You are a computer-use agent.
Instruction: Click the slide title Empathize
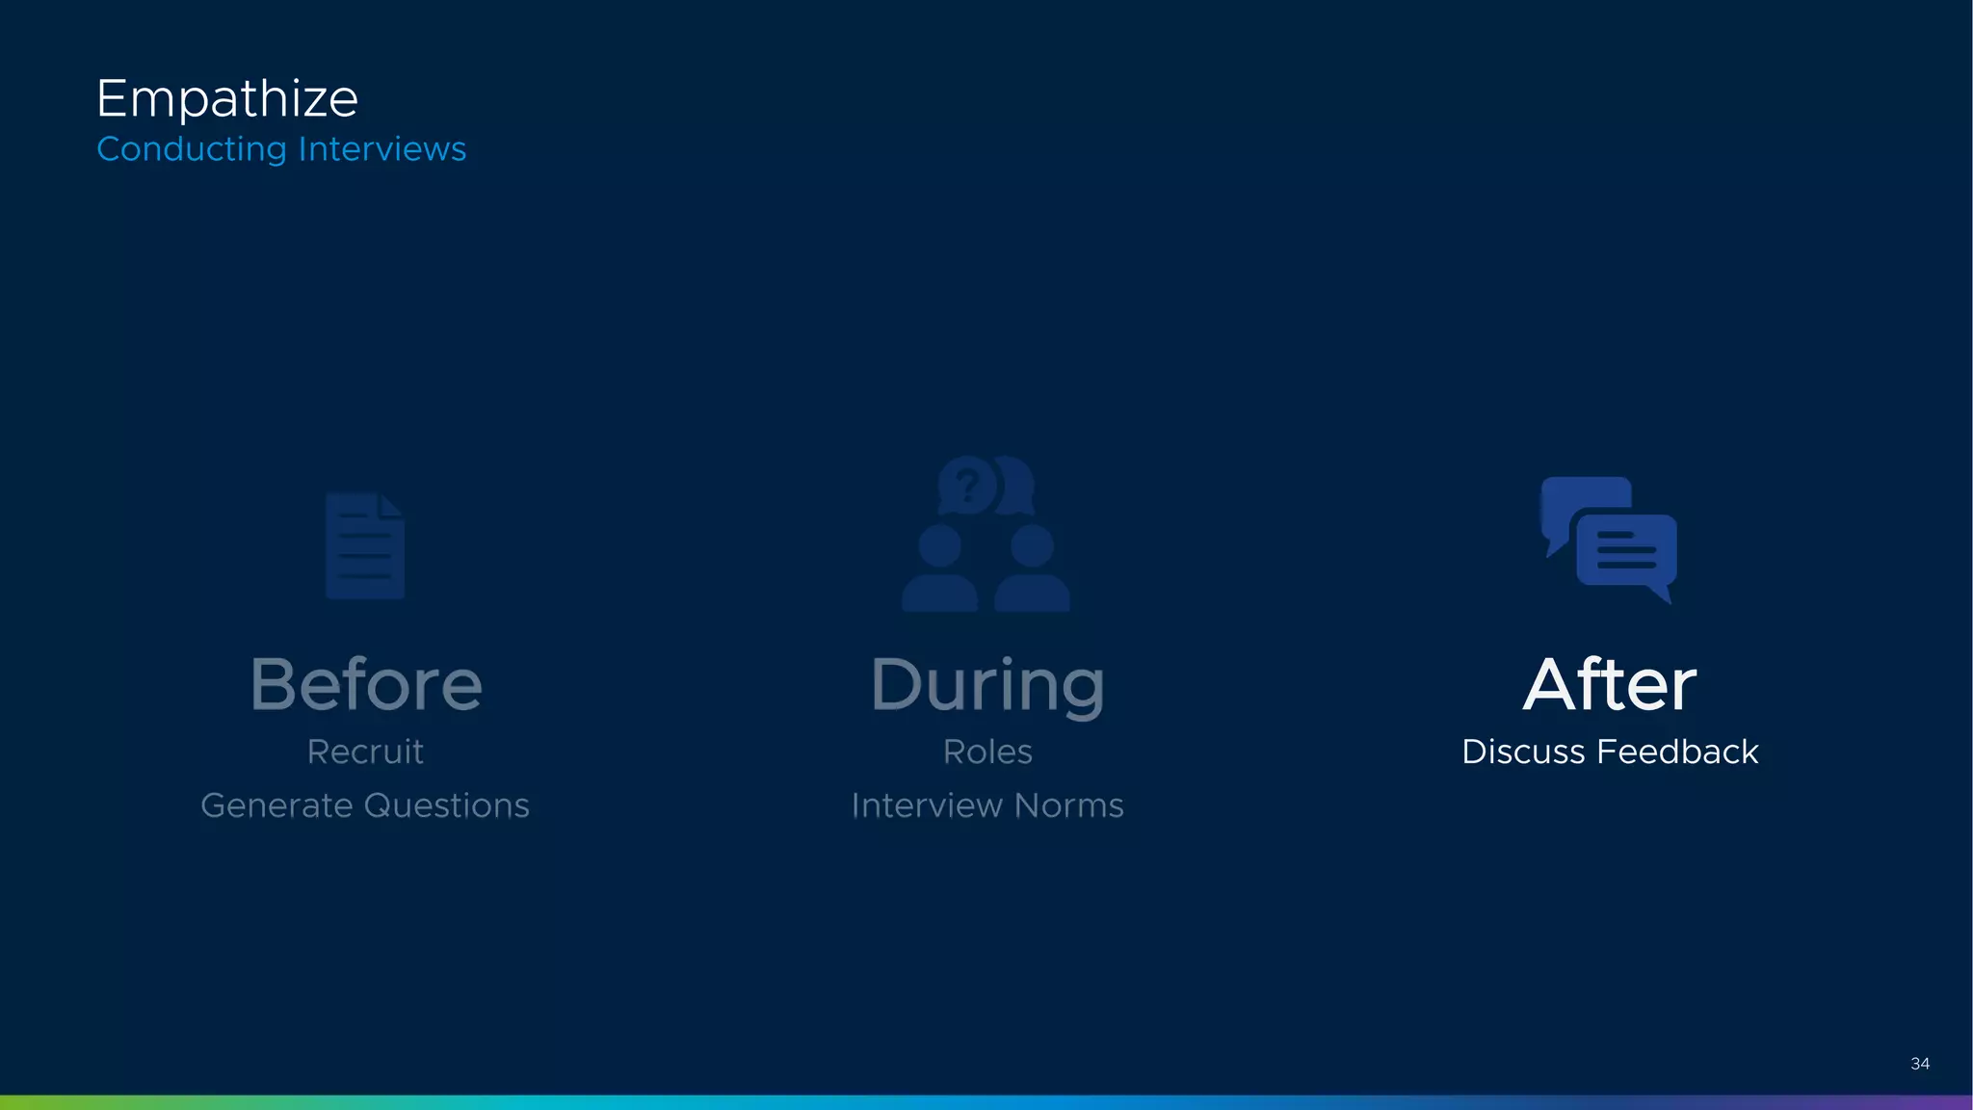point(227,99)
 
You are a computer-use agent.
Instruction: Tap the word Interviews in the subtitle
point(382,149)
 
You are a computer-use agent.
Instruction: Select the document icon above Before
point(364,546)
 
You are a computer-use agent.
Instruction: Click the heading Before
point(366,685)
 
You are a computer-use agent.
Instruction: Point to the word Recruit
point(365,752)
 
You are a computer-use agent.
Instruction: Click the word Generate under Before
point(276,806)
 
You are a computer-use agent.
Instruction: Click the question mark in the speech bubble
point(967,485)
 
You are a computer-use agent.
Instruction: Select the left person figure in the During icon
point(939,570)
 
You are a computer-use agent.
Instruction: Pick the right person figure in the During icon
point(1032,570)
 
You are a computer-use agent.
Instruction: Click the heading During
point(987,685)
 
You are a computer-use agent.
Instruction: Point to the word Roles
point(987,752)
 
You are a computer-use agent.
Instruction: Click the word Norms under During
point(1068,806)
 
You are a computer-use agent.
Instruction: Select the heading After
point(1610,685)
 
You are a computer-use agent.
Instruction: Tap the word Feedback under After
point(1677,752)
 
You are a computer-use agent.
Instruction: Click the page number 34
point(1919,1064)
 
